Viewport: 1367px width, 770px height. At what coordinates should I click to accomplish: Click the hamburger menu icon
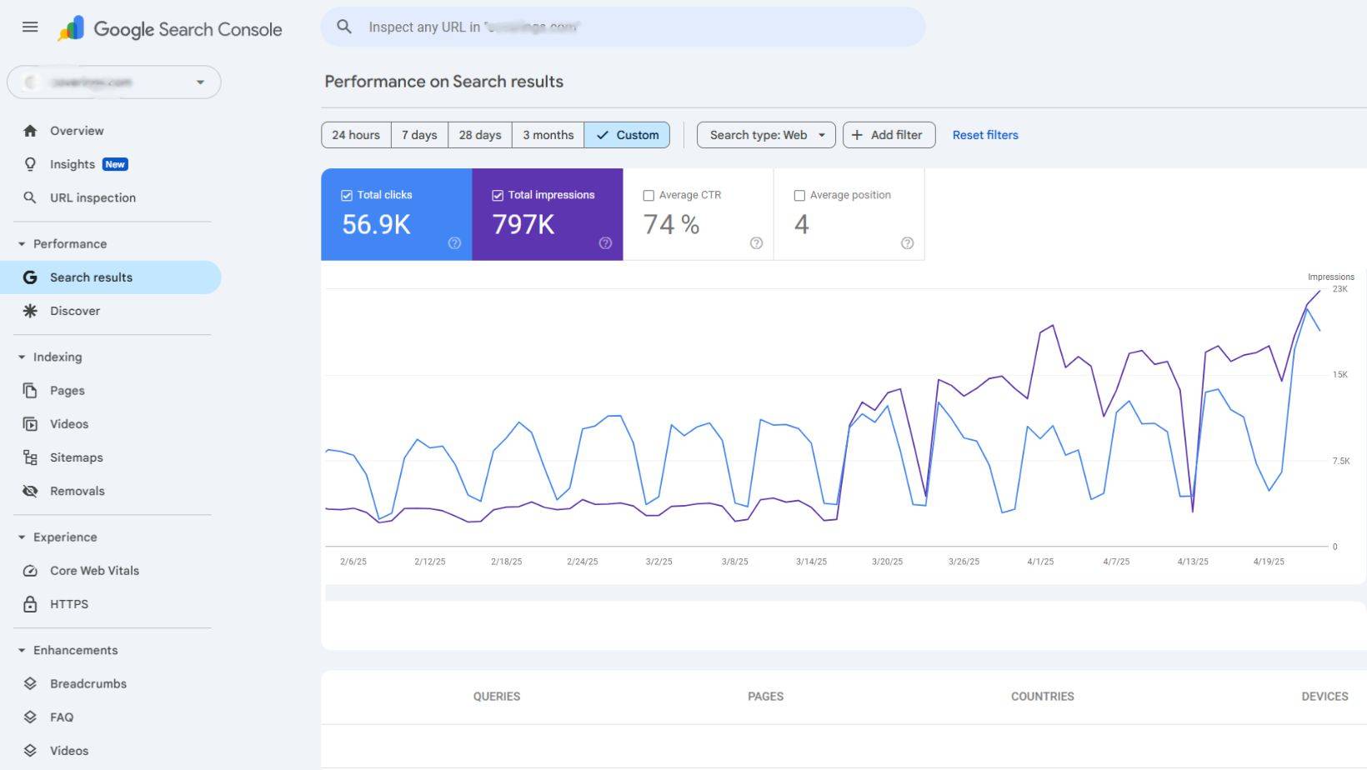point(30,27)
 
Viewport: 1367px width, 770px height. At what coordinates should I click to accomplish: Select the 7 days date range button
point(419,135)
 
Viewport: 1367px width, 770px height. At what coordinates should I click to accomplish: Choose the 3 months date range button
point(548,135)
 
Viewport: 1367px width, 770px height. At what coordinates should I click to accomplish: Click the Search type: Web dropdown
point(766,135)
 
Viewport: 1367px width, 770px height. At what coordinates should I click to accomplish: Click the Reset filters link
point(984,135)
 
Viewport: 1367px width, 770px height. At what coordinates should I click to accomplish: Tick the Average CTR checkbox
point(648,196)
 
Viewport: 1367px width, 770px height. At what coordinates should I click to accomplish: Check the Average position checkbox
point(799,196)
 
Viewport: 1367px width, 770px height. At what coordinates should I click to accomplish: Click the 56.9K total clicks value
point(376,224)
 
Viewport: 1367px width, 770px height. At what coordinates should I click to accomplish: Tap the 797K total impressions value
point(523,224)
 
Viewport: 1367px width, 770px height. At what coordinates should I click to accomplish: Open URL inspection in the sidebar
point(93,197)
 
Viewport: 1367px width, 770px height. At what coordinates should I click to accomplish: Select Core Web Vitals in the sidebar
point(94,571)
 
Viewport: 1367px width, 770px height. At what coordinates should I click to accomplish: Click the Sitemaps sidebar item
point(76,457)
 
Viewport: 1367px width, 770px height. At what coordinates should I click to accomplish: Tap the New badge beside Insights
point(115,164)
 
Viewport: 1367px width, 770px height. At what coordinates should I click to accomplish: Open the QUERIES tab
point(496,697)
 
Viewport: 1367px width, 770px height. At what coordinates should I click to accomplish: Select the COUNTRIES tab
point(1042,697)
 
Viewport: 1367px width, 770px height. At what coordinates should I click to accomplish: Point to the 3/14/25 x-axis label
point(811,562)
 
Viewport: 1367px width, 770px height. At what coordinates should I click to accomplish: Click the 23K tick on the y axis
point(1339,289)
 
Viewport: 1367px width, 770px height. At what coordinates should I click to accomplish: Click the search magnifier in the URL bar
point(344,27)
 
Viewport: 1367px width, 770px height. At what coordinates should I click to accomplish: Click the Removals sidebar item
point(77,491)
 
